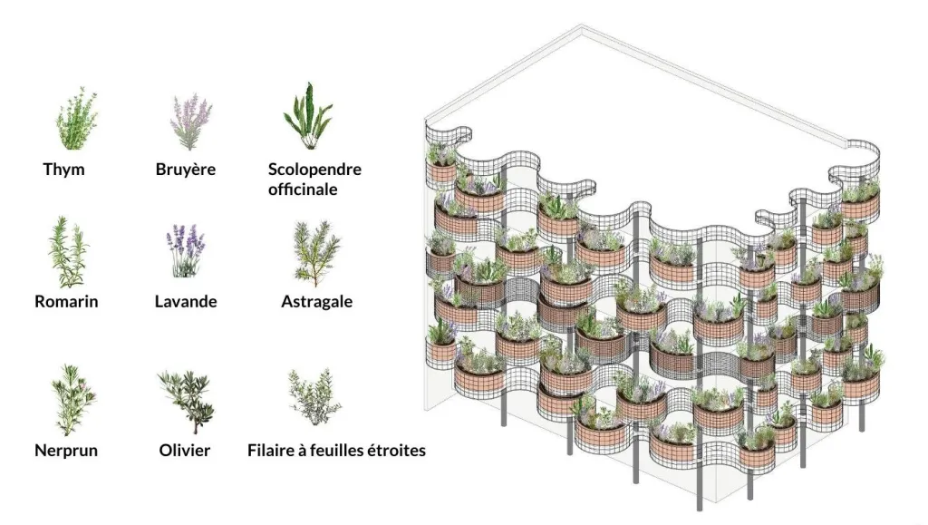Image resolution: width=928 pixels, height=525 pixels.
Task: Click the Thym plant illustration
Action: pos(76,120)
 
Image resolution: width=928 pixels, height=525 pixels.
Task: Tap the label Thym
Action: pos(63,170)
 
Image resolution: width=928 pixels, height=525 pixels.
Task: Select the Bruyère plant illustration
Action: pos(190,121)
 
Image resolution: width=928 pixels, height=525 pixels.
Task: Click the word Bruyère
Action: pos(186,170)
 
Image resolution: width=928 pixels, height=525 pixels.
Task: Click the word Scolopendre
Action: pos(314,170)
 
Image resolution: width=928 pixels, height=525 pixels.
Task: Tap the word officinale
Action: pos(303,190)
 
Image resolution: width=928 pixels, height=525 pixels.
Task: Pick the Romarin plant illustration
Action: pos(69,252)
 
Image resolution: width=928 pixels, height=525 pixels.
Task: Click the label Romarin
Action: pos(66,302)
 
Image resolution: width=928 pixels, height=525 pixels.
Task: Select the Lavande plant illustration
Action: pos(186,251)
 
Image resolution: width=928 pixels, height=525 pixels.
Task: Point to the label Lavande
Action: pos(186,302)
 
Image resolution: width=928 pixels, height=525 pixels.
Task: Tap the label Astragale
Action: pos(316,302)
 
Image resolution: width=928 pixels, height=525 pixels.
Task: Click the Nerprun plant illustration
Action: pos(72,397)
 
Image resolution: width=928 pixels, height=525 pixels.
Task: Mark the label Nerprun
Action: pos(66,450)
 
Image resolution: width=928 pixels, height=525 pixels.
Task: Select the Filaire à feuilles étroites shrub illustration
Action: pos(314,397)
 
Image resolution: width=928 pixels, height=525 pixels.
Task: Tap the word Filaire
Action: pos(273,450)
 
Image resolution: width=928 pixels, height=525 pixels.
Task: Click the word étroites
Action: pos(393,450)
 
